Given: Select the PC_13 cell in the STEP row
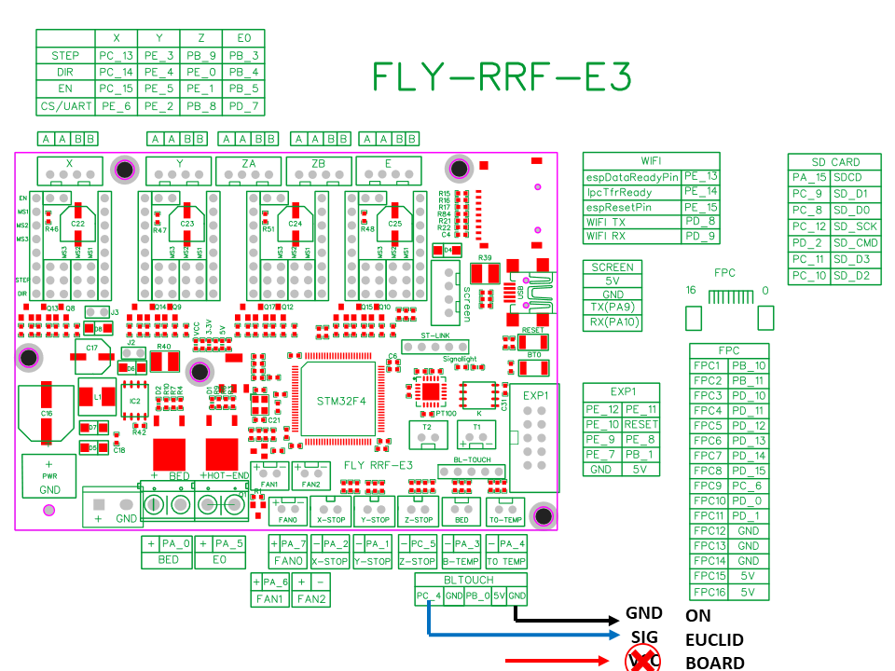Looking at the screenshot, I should point(117,55).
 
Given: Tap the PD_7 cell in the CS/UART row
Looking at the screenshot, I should point(243,106).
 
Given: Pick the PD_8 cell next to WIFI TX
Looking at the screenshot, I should point(700,221).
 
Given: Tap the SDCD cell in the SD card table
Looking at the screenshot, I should point(848,177).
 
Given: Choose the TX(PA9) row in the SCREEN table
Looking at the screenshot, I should point(613,308).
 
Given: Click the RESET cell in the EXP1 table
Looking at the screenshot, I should point(640,424).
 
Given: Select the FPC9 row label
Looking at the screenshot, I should point(709,486).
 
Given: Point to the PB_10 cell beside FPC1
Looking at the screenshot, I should point(749,366).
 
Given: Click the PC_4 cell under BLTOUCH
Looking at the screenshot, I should point(429,596).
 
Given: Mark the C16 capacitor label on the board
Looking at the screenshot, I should point(46,412).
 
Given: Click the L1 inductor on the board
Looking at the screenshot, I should point(97,397).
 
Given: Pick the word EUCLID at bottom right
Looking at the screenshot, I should point(715,639).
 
